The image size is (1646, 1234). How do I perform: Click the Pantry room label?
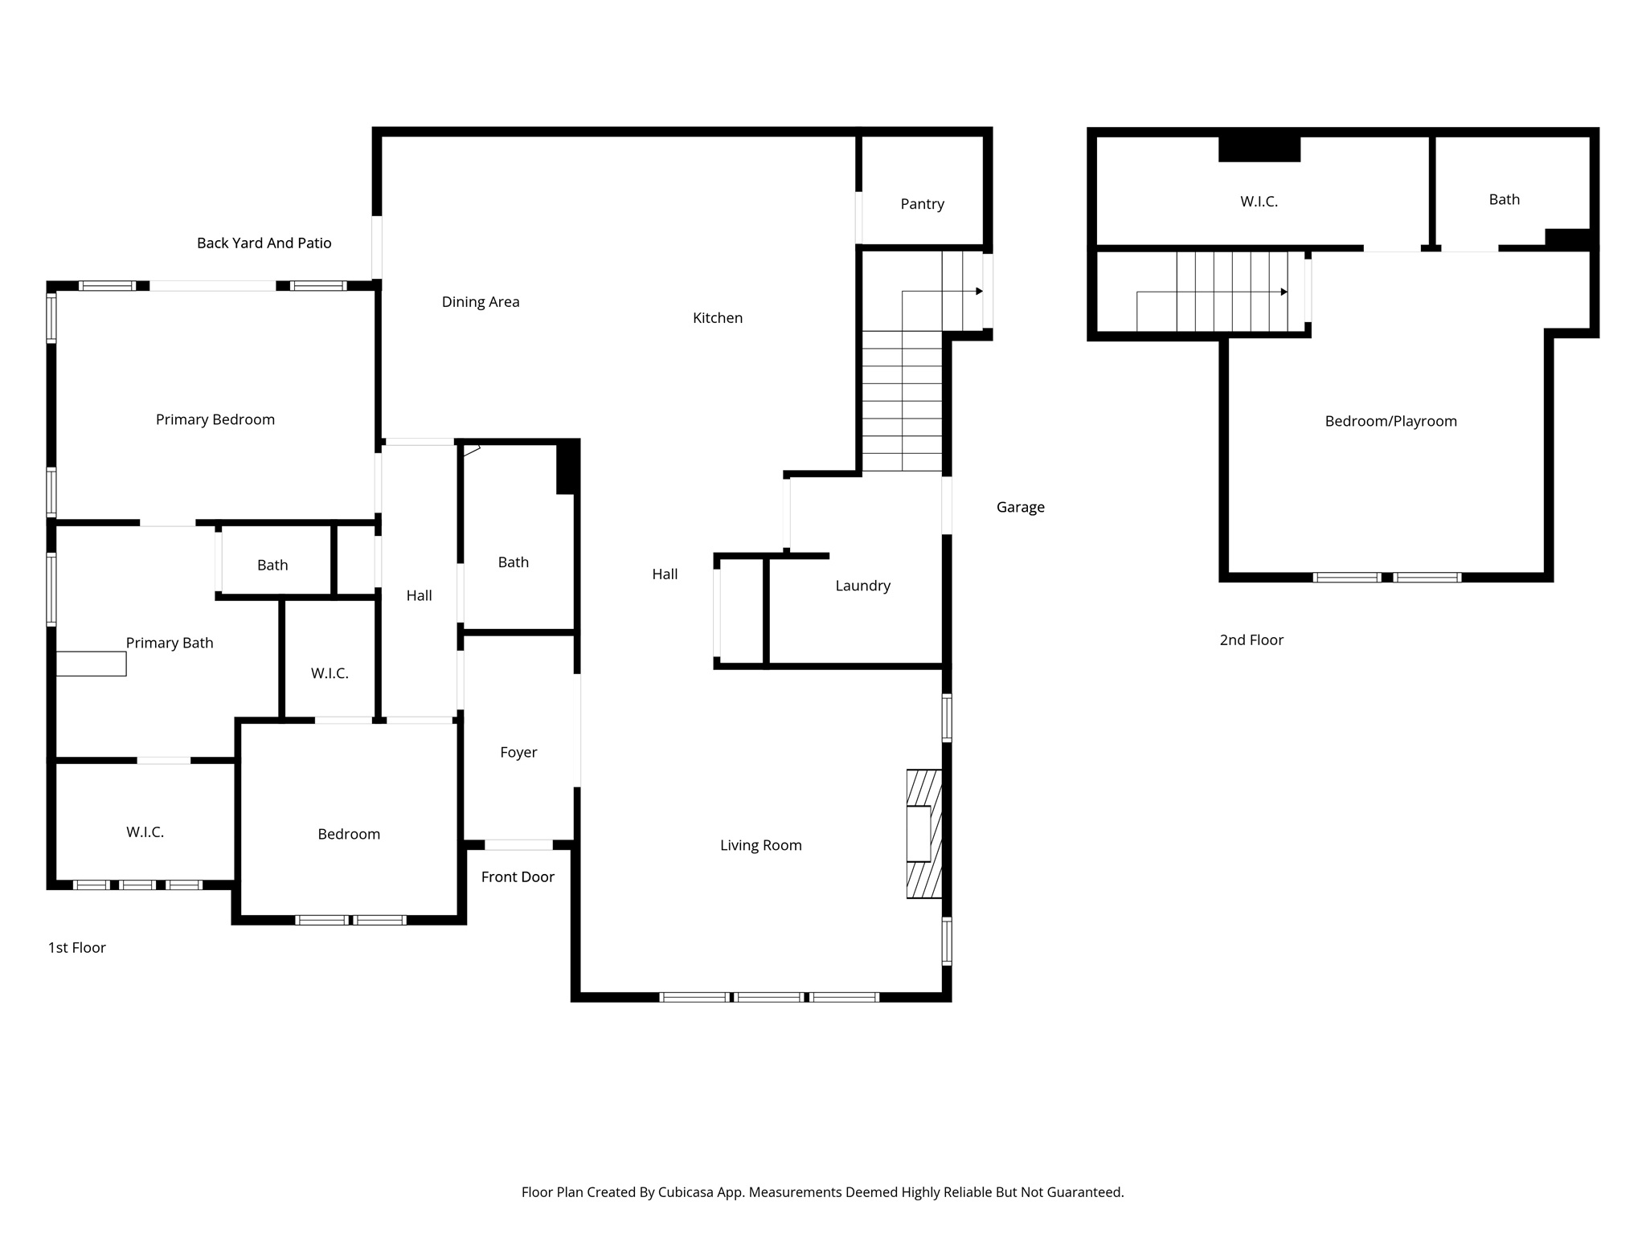coord(922,204)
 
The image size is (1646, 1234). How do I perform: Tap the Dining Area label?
coord(481,302)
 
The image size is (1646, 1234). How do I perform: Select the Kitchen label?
coord(717,318)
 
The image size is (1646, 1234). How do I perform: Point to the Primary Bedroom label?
coord(215,419)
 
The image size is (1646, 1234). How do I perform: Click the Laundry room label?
coord(862,586)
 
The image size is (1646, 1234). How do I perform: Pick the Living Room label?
coord(760,845)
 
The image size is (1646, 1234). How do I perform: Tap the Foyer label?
coord(518,753)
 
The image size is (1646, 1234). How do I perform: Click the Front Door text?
coord(518,877)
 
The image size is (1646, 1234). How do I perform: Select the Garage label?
coord(1020,507)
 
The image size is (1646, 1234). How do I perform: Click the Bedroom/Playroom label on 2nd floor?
coord(1390,421)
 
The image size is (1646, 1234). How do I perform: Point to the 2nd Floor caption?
coord(1251,640)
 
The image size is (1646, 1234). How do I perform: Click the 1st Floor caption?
coord(77,948)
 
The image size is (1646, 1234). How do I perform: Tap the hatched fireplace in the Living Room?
coord(924,834)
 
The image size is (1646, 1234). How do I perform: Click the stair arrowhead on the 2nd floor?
coord(1284,292)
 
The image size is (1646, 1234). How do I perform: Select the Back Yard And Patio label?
coord(264,243)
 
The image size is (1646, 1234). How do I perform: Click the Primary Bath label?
coord(170,643)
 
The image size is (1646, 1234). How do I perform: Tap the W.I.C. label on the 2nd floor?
coord(1259,202)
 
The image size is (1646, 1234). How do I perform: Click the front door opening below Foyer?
coord(518,845)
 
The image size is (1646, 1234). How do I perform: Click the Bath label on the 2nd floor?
coord(1504,199)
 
